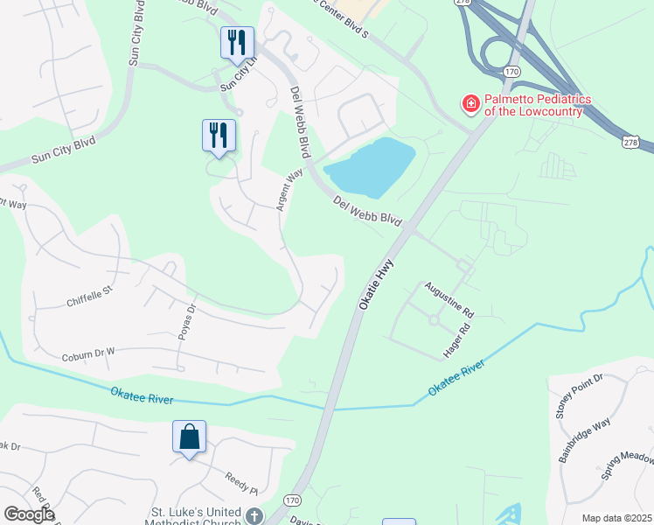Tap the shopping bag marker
190,437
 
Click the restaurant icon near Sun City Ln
237,42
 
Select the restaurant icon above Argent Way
219,135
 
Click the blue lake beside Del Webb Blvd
372,167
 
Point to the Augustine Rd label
449,299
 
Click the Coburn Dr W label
88,353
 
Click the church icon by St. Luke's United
254,516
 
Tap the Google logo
28,514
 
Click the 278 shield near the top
462,3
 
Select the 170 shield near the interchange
512,69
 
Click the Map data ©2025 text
616,518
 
